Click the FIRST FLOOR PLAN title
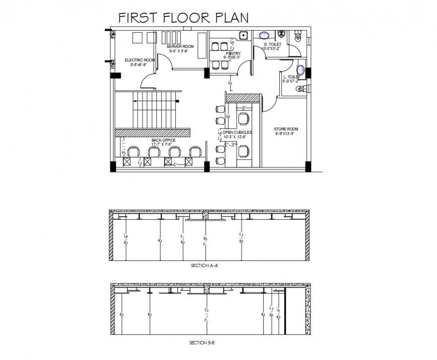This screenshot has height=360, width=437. [x=183, y=18]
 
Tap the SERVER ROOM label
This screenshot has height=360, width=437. [x=181, y=46]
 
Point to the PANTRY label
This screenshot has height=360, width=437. [x=233, y=53]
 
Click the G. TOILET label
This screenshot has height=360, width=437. [x=272, y=45]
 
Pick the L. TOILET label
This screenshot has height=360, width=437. [x=291, y=76]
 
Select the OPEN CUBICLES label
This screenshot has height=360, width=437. [x=237, y=132]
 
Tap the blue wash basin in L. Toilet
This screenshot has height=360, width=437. [x=301, y=69]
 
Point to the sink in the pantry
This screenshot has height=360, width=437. [x=243, y=35]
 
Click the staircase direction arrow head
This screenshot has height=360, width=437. [x=134, y=101]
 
